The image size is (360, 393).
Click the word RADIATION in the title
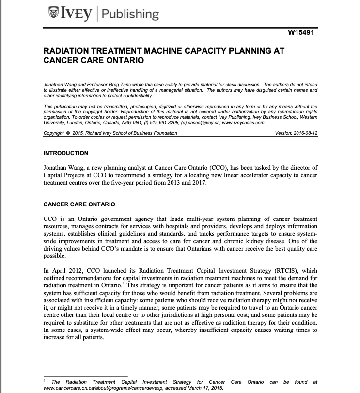69,51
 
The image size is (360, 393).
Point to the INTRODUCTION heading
66,153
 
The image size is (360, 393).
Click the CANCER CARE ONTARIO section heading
79,204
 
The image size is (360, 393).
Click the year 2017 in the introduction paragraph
198,183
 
